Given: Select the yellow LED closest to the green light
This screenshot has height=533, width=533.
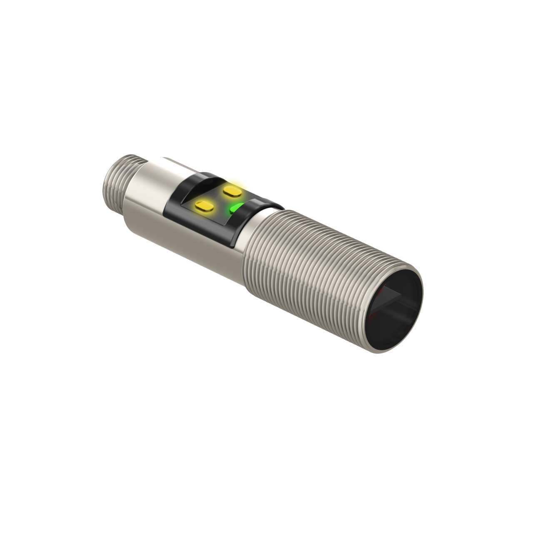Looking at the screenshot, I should point(230,190).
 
